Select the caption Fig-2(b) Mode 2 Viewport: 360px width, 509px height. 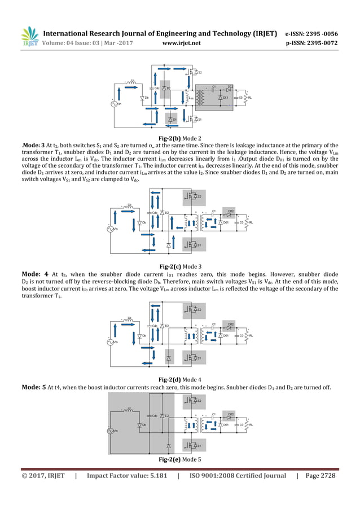point(180,138)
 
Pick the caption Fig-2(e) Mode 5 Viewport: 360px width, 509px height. point(180,459)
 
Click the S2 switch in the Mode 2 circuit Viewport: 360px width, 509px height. point(194,73)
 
